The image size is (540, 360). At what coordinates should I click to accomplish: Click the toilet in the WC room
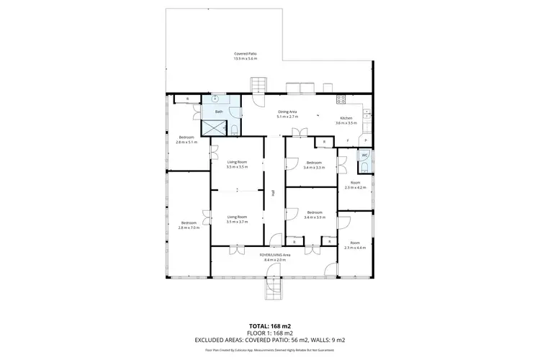coord(364,167)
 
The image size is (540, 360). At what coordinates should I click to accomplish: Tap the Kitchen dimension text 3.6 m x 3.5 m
coord(346,123)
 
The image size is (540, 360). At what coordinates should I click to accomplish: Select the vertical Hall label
coord(274,193)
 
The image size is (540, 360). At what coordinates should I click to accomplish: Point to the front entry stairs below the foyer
coord(275,289)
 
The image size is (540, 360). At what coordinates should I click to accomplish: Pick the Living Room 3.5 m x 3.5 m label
coord(237,164)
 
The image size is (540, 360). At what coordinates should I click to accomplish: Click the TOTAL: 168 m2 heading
coord(269,325)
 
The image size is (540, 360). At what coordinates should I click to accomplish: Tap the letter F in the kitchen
coord(348,140)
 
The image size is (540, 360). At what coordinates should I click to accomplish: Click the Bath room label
coord(219,112)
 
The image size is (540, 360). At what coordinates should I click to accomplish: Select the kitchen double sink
coord(366,113)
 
